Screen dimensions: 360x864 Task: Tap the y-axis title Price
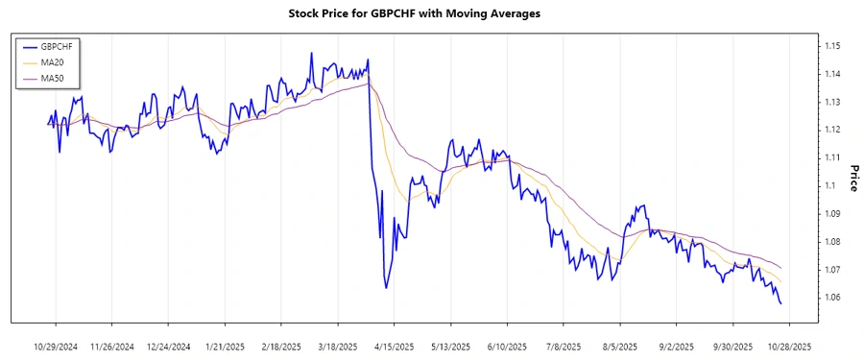852,178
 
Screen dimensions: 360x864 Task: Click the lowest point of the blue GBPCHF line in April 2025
386,288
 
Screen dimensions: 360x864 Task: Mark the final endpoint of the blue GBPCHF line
780,304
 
